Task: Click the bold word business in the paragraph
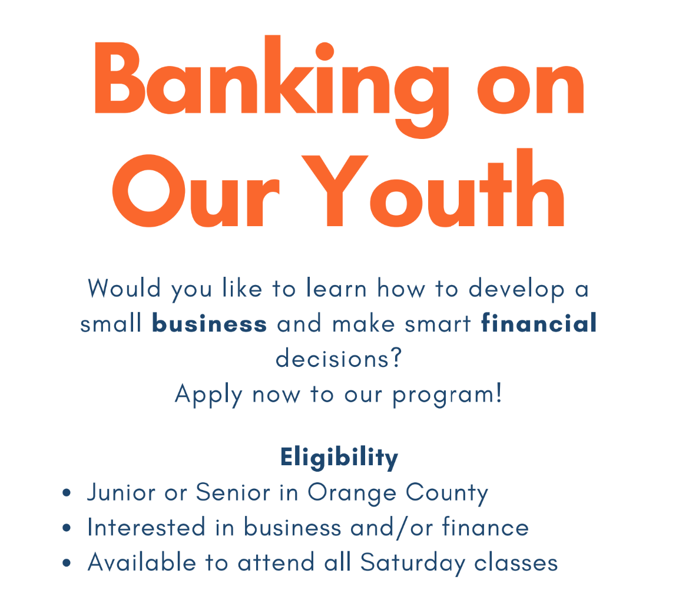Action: pyautogui.click(x=210, y=324)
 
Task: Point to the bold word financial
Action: pyautogui.click(x=539, y=324)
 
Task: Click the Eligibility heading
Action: pyautogui.click(x=339, y=458)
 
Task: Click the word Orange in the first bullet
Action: pyautogui.click(x=351, y=493)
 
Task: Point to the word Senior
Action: pyautogui.click(x=233, y=492)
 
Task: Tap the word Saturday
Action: pyautogui.click(x=412, y=563)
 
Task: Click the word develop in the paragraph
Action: pyautogui.click(x=516, y=289)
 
